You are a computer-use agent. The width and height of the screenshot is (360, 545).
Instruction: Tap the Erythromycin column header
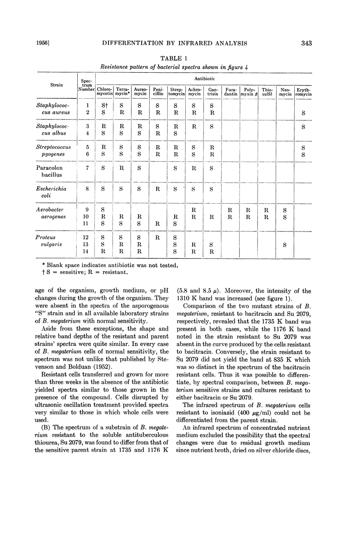pos(304,91)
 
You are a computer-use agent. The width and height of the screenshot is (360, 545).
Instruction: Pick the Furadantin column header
pos(230,91)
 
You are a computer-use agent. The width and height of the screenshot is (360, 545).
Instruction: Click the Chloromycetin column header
pos(105,91)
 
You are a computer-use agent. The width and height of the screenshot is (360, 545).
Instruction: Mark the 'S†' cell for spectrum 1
pos(104,106)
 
